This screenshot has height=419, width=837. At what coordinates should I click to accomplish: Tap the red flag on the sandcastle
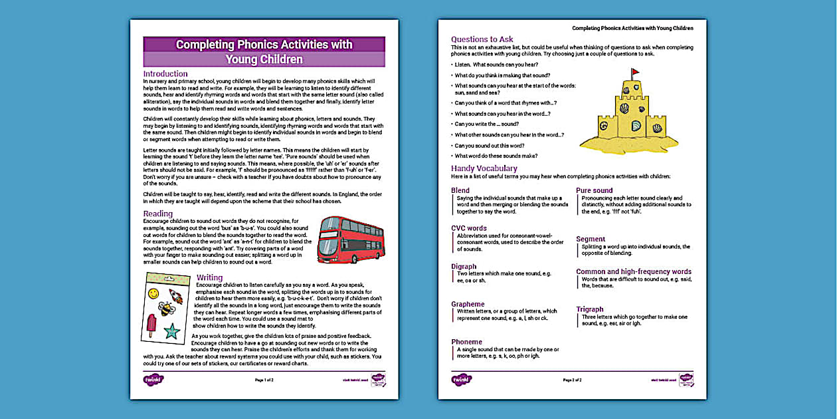(x=635, y=72)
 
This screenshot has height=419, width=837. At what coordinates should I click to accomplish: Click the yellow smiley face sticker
(x=153, y=293)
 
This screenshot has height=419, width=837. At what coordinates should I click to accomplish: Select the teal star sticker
(x=171, y=330)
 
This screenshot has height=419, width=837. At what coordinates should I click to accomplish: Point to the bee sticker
(x=165, y=308)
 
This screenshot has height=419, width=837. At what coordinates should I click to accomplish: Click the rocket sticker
(x=176, y=295)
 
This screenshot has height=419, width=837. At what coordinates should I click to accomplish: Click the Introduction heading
(x=165, y=74)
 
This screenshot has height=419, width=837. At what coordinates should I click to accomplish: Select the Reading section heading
(x=158, y=214)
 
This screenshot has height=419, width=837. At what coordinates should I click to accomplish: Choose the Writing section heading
(x=210, y=277)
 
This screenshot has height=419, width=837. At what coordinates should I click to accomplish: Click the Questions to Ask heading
(x=482, y=39)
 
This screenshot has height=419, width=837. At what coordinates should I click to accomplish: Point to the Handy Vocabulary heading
(x=484, y=168)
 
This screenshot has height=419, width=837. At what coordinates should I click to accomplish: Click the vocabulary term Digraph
(x=464, y=267)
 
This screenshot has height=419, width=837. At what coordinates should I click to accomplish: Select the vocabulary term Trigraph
(x=590, y=309)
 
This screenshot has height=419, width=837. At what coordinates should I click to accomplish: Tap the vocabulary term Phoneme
(x=467, y=342)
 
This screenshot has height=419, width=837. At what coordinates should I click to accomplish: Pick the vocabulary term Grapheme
(x=468, y=304)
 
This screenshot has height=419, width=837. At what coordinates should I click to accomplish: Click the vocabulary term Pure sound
(x=595, y=190)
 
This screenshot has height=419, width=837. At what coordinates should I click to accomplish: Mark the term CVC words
(x=469, y=228)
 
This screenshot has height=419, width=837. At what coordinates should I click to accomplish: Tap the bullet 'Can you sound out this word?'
(x=490, y=145)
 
